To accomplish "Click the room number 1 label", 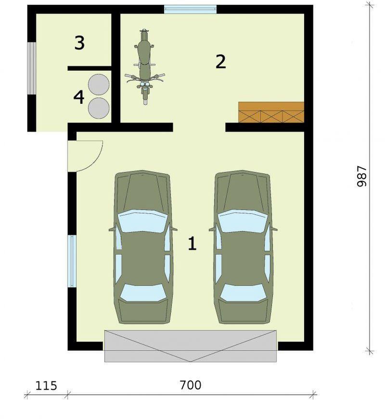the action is point(192,244).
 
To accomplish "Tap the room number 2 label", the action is point(221,62).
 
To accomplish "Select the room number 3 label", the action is point(79,43).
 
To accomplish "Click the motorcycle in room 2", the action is point(145,66).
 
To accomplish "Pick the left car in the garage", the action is point(142,247).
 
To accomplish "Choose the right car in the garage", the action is point(243,247).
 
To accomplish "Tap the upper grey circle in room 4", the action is point(99,84).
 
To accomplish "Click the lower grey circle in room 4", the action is point(99,108).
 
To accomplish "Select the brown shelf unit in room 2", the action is point(271,112).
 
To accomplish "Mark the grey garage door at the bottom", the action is point(190,346).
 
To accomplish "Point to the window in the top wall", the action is point(190,10).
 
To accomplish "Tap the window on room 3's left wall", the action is point(32,68).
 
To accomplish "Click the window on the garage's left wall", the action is point(72,261).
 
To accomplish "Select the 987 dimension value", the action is point(362,176).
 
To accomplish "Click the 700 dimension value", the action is point(191,385).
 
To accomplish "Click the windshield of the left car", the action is point(142,221).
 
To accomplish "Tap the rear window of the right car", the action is point(243,293).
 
